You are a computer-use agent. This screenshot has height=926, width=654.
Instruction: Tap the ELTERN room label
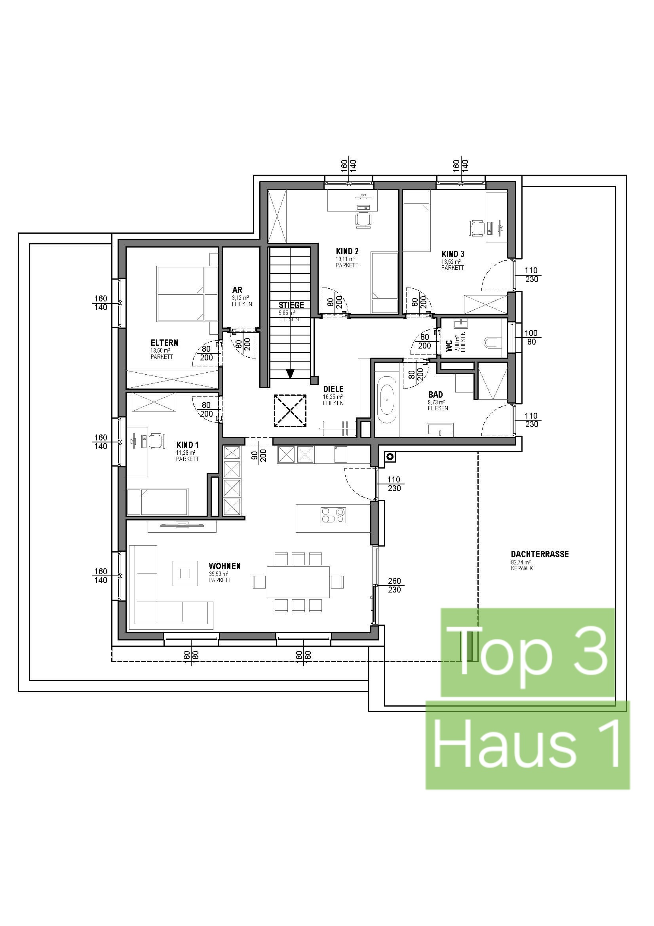tap(164, 343)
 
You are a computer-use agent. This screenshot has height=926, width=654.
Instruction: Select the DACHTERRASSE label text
tap(540, 554)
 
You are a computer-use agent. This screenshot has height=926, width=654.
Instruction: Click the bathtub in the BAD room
tap(387, 400)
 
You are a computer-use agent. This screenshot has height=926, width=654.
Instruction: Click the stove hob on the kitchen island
tap(333, 515)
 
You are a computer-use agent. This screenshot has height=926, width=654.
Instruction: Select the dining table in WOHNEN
tap(298, 582)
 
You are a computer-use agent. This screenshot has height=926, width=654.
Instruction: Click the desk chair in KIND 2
tap(363, 220)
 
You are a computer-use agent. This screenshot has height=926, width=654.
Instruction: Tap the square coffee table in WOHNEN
tap(185, 573)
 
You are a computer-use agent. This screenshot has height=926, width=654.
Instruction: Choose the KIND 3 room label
tap(453, 254)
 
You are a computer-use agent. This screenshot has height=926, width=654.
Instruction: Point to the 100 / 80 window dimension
tap(531, 337)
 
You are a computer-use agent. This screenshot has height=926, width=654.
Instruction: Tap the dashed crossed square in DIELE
tap(290, 411)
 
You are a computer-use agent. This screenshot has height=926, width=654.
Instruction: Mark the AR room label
tap(237, 290)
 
